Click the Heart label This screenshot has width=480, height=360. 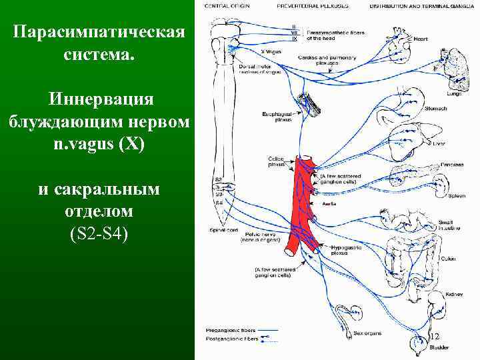click(x=420, y=39)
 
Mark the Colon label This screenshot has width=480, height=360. click(x=447, y=258)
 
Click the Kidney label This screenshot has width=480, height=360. click(x=446, y=293)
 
